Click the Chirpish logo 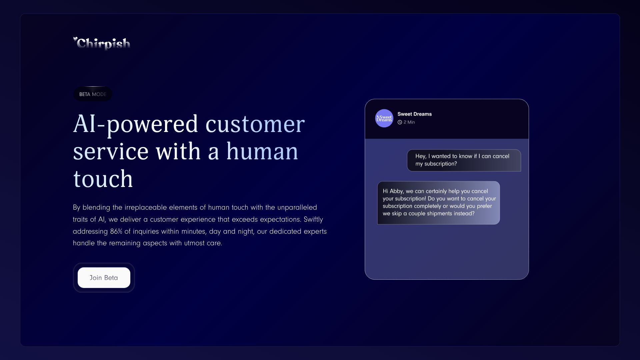[x=102, y=44]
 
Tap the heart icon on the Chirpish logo [x=75, y=39]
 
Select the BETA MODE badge [x=93, y=94]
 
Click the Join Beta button [x=104, y=278]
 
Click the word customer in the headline [x=255, y=124]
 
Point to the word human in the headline [x=262, y=152]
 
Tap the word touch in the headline [x=103, y=179]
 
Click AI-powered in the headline [x=135, y=124]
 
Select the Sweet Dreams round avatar [x=384, y=118]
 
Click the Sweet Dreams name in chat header [x=414, y=114]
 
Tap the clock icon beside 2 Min [x=400, y=122]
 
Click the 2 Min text [x=409, y=122]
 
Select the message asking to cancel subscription [x=464, y=160]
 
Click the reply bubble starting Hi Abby [x=438, y=203]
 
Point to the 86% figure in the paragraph [x=116, y=231]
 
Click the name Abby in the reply [x=396, y=191]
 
